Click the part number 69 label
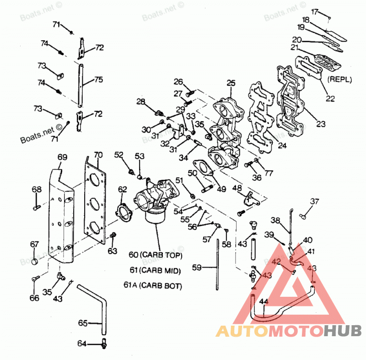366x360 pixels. (62, 157)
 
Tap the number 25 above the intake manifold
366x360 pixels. (231, 83)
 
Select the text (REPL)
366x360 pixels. (339, 79)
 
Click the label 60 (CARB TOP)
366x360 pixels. (155, 255)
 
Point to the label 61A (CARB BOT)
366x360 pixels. (153, 285)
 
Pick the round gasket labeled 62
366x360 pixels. (124, 212)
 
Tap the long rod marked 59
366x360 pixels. (217, 264)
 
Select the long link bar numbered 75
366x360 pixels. (81, 86)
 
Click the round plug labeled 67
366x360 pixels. (35, 262)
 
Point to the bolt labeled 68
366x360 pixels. (37, 207)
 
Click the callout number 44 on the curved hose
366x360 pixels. (264, 301)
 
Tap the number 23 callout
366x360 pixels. (321, 124)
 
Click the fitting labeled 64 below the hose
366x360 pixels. (104, 343)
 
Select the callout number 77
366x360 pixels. (269, 173)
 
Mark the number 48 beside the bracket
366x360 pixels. (237, 188)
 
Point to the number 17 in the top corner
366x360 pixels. (315, 12)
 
